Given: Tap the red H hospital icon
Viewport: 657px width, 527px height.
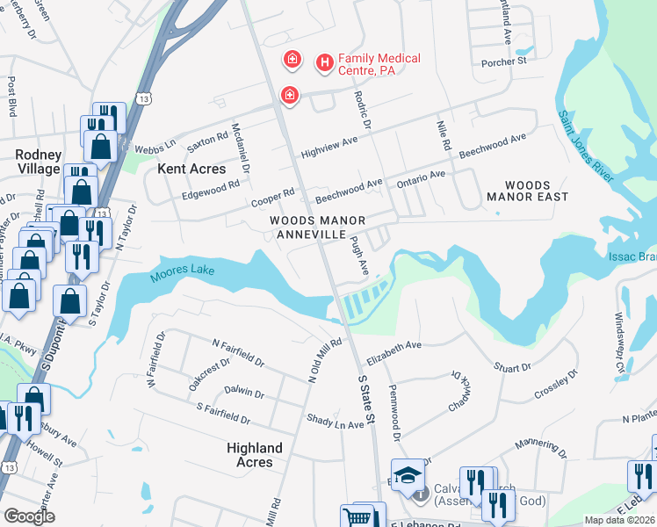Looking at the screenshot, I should click(x=325, y=62).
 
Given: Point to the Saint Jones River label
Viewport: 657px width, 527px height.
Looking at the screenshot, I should click(x=585, y=146).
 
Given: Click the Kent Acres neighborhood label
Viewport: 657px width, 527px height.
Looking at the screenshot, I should click(x=191, y=168).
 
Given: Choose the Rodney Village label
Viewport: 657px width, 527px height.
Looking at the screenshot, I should click(x=38, y=161).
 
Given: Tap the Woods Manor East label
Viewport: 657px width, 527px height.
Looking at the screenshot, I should click(x=528, y=191).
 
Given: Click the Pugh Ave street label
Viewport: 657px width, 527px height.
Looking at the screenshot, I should click(x=358, y=253).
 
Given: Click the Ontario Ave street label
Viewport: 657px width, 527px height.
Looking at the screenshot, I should click(x=420, y=177).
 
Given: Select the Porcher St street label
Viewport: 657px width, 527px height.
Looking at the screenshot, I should click(x=503, y=62).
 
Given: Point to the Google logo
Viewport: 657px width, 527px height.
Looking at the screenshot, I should click(x=29, y=516).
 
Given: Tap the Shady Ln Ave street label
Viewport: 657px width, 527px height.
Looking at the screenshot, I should click(x=334, y=421).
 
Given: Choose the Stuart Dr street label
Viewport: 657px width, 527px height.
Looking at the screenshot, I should click(x=513, y=366).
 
